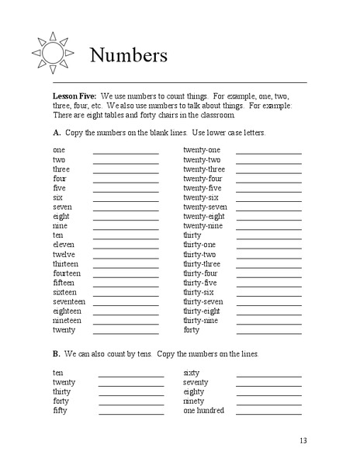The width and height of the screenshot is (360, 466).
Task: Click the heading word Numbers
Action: coord(129,55)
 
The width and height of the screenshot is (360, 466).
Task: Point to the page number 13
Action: coord(303,440)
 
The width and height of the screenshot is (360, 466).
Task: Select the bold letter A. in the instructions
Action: coord(57,133)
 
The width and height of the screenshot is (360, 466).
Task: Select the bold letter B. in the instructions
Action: coord(57,354)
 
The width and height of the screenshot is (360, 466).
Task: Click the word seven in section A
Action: coord(62,207)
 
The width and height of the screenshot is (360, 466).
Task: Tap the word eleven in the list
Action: coord(63,245)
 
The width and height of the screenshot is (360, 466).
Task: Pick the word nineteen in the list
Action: coord(67,320)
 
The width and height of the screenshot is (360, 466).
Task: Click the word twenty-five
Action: coord(202,188)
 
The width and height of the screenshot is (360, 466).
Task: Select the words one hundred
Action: coord(203,410)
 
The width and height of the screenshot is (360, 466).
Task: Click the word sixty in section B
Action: coord(191,373)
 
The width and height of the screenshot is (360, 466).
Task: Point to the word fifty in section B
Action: coord(60,410)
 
